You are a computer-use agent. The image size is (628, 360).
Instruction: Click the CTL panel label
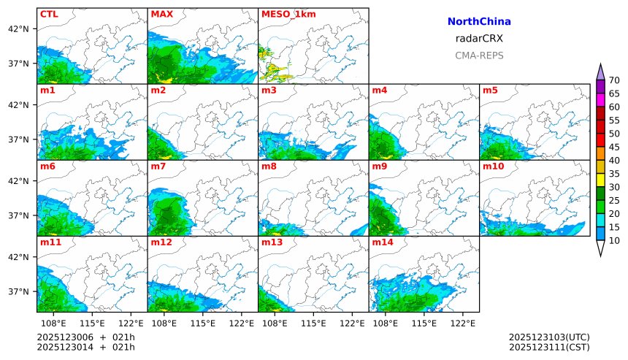(48, 14)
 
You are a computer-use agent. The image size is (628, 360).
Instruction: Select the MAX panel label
(161, 14)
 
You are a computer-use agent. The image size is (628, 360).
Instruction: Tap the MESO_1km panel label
(286, 14)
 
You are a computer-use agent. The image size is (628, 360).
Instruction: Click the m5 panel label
(490, 91)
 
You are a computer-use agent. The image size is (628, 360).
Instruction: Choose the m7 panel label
(158, 166)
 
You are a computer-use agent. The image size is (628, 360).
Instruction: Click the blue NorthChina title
(479, 22)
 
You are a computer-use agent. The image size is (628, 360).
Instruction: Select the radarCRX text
(479, 39)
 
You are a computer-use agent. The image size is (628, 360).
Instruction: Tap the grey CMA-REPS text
(479, 55)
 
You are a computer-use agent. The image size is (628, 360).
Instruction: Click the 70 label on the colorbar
(614, 80)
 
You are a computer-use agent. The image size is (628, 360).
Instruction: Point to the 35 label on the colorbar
(614, 174)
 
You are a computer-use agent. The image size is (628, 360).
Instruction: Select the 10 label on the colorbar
(614, 241)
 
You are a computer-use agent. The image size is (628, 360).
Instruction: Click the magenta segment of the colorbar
(600, 99)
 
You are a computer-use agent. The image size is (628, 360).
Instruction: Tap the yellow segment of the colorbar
(600, 180)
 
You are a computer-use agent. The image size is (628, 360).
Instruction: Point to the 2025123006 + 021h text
(86, 337)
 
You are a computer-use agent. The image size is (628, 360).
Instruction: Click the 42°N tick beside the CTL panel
(18, 28)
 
